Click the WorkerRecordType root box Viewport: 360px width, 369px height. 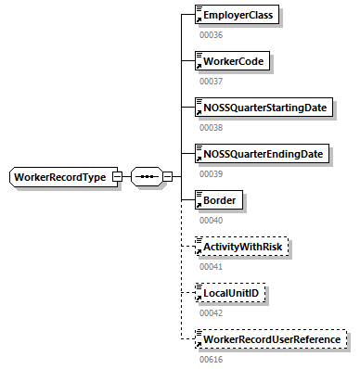(61, 176)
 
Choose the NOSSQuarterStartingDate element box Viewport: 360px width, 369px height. (264, 108)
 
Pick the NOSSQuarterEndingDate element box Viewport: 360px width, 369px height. (262, 153)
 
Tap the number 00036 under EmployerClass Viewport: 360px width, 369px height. (212, 35)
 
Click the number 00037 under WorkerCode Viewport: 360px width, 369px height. (212, 82)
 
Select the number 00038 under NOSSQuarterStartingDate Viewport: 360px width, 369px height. (212, 128)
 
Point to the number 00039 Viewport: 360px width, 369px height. (212, 173)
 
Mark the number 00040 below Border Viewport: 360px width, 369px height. (212, 220)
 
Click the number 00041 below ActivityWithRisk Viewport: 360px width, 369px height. (212, 266)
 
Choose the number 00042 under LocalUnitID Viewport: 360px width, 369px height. (212, 312)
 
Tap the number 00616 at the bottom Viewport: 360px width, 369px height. (212, 358)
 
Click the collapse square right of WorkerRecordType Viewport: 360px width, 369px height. (118, 176)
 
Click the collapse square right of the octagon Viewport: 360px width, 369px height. (168, 176)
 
